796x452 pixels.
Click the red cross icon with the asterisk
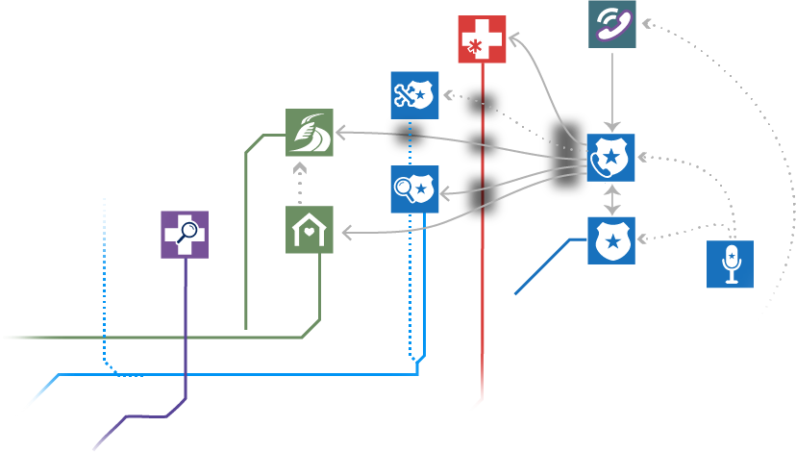(482, 39)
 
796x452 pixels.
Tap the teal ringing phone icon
(612, 23)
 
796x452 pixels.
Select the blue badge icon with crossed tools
(414, 95)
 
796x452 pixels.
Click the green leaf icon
(310, 133)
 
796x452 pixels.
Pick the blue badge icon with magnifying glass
(414, 189)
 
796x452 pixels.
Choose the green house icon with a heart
(310, 230)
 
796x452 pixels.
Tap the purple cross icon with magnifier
(184, 235)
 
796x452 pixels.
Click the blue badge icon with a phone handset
(610, 158)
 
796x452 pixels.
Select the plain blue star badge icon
(611, 240)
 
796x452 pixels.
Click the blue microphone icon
(730, 264)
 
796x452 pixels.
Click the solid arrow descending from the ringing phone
(612, 91)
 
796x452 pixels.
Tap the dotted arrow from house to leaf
(300, 183)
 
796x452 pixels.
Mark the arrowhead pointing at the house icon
(346, 233)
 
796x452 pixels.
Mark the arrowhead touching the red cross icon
(513, 38)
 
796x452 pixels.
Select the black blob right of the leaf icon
(409, 134)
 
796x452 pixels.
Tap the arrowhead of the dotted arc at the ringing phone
(645, 21)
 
